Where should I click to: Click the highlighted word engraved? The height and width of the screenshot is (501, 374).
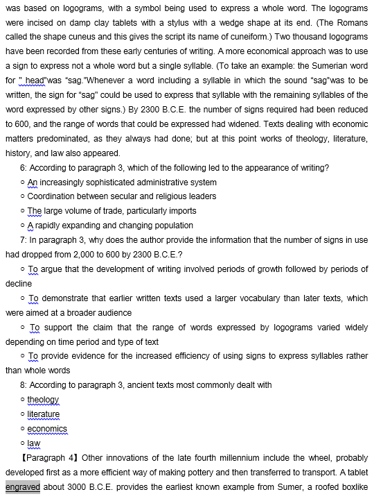coord(23,487)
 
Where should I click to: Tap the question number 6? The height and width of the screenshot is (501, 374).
coord(24,168)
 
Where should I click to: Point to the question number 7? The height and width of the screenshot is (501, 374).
coord(24,239)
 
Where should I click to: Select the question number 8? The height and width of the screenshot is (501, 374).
coord(24,385)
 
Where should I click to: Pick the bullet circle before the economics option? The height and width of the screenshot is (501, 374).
coord(24,429)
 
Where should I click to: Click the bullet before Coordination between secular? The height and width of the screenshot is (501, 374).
coord(24,196)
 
